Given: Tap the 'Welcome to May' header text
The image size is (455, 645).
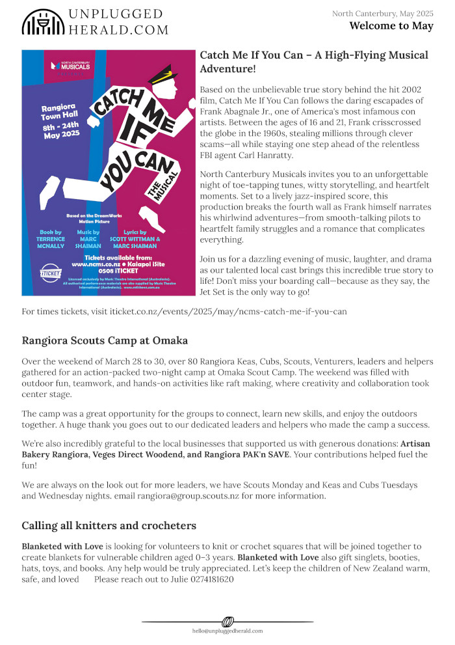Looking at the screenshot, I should click(x=391, y=26).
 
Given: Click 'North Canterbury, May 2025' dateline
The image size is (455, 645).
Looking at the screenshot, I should click(x=382, y=13).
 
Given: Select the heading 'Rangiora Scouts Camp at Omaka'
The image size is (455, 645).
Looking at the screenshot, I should click(x=105, y=340).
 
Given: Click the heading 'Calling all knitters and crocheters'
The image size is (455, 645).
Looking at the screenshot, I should click(x=109, y=525).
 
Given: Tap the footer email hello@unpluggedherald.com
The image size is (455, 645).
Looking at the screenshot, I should click(x=227, y=631).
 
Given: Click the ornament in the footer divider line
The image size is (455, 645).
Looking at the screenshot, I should click(x=227, y=622).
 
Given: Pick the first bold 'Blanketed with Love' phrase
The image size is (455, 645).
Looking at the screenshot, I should click(x=62, y=546).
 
